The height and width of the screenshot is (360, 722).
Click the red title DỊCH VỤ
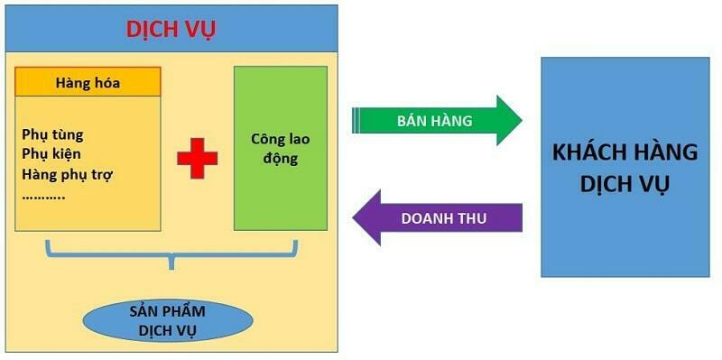(x=171, y=29)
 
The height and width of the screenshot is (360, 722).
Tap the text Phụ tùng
(x=53, y=135)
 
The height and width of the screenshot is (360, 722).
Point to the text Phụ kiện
(x=52, y=154)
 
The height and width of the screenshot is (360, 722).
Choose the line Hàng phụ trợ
(x=67, y=173)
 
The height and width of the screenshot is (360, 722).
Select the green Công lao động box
(x=280, y=148)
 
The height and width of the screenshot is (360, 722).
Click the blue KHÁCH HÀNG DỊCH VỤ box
(x=625, y=167)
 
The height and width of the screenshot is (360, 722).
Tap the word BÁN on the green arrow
(x=410, y=121)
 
